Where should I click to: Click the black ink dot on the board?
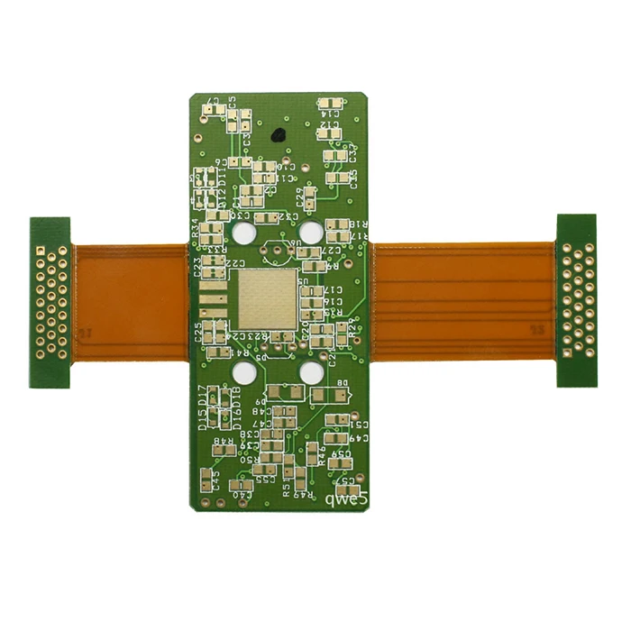tap(278, 136)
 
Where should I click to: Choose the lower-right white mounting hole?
tap(311, 371)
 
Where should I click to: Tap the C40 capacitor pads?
tap(242, 482)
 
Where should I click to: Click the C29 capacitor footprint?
tap(309, 198)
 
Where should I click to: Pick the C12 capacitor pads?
tap(330, 133)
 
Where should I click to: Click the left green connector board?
tap(50, 302)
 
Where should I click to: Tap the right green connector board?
tap(577, 300)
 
